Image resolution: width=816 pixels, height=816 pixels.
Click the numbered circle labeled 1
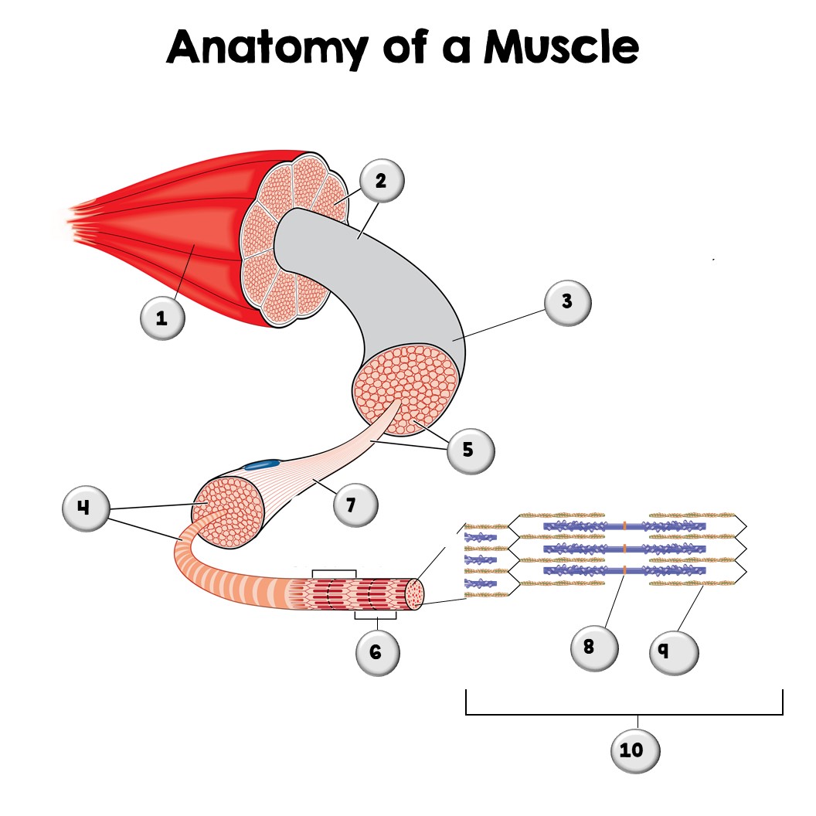tap(163, 317)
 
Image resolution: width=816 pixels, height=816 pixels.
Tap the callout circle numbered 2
tap(380, 181)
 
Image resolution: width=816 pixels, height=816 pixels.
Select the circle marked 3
tap(567, 301)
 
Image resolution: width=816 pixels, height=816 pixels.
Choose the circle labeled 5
tap(468, 449)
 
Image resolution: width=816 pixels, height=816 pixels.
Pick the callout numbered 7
tap(356, 505)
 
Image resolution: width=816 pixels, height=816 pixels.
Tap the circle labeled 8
tap(593, 647)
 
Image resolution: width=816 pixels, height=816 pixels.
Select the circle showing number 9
tap(674, 651)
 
